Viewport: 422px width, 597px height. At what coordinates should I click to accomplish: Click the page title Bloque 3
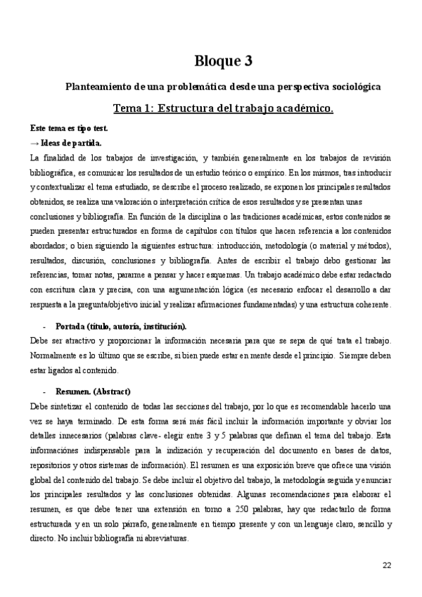point(222,61)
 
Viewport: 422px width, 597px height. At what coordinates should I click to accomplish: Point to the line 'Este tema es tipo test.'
point(68,130)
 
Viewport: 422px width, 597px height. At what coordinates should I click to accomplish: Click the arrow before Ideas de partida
point(34,143)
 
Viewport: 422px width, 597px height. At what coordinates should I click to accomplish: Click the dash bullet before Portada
point(45,327)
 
